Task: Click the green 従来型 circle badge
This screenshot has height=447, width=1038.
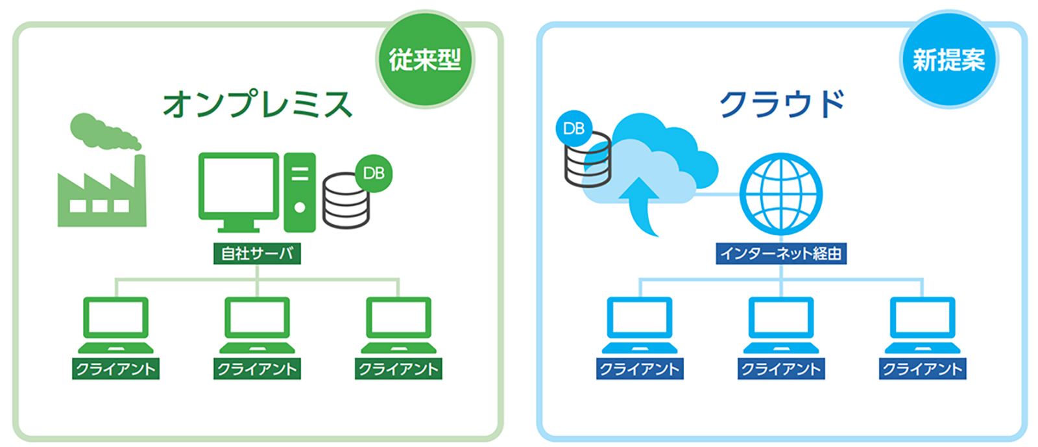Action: click(x=425, y=59)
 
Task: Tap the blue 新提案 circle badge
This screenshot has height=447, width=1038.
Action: click(x=948, y=59)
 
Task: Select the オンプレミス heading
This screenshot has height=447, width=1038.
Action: click(x=258, y=103)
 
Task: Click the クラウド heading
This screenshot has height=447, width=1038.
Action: click(x=782, y=103)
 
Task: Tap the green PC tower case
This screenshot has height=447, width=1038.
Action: click(x=300, y=192)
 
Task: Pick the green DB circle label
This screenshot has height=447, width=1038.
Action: click(x=374, y=173)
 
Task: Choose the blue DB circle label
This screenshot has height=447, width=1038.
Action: click(x=573, y=129)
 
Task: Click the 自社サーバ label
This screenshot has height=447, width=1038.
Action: click(x=257, y=253)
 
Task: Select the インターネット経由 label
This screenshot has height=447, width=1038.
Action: click(x=781, y=253)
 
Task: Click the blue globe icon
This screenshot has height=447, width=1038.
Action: click(x=781, y=194)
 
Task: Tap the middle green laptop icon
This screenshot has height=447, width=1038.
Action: click(x=257, y=325)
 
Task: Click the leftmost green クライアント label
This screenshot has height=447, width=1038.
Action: click(x=116, y=368)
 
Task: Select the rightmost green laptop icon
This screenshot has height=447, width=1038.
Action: click(x=398, y=325)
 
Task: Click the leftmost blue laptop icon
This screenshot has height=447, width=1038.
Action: click(x=640, y=325)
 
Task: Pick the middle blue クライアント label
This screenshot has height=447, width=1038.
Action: click(x=781, y=368)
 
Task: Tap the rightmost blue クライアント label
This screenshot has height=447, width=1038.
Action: click(x=923, y=368)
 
